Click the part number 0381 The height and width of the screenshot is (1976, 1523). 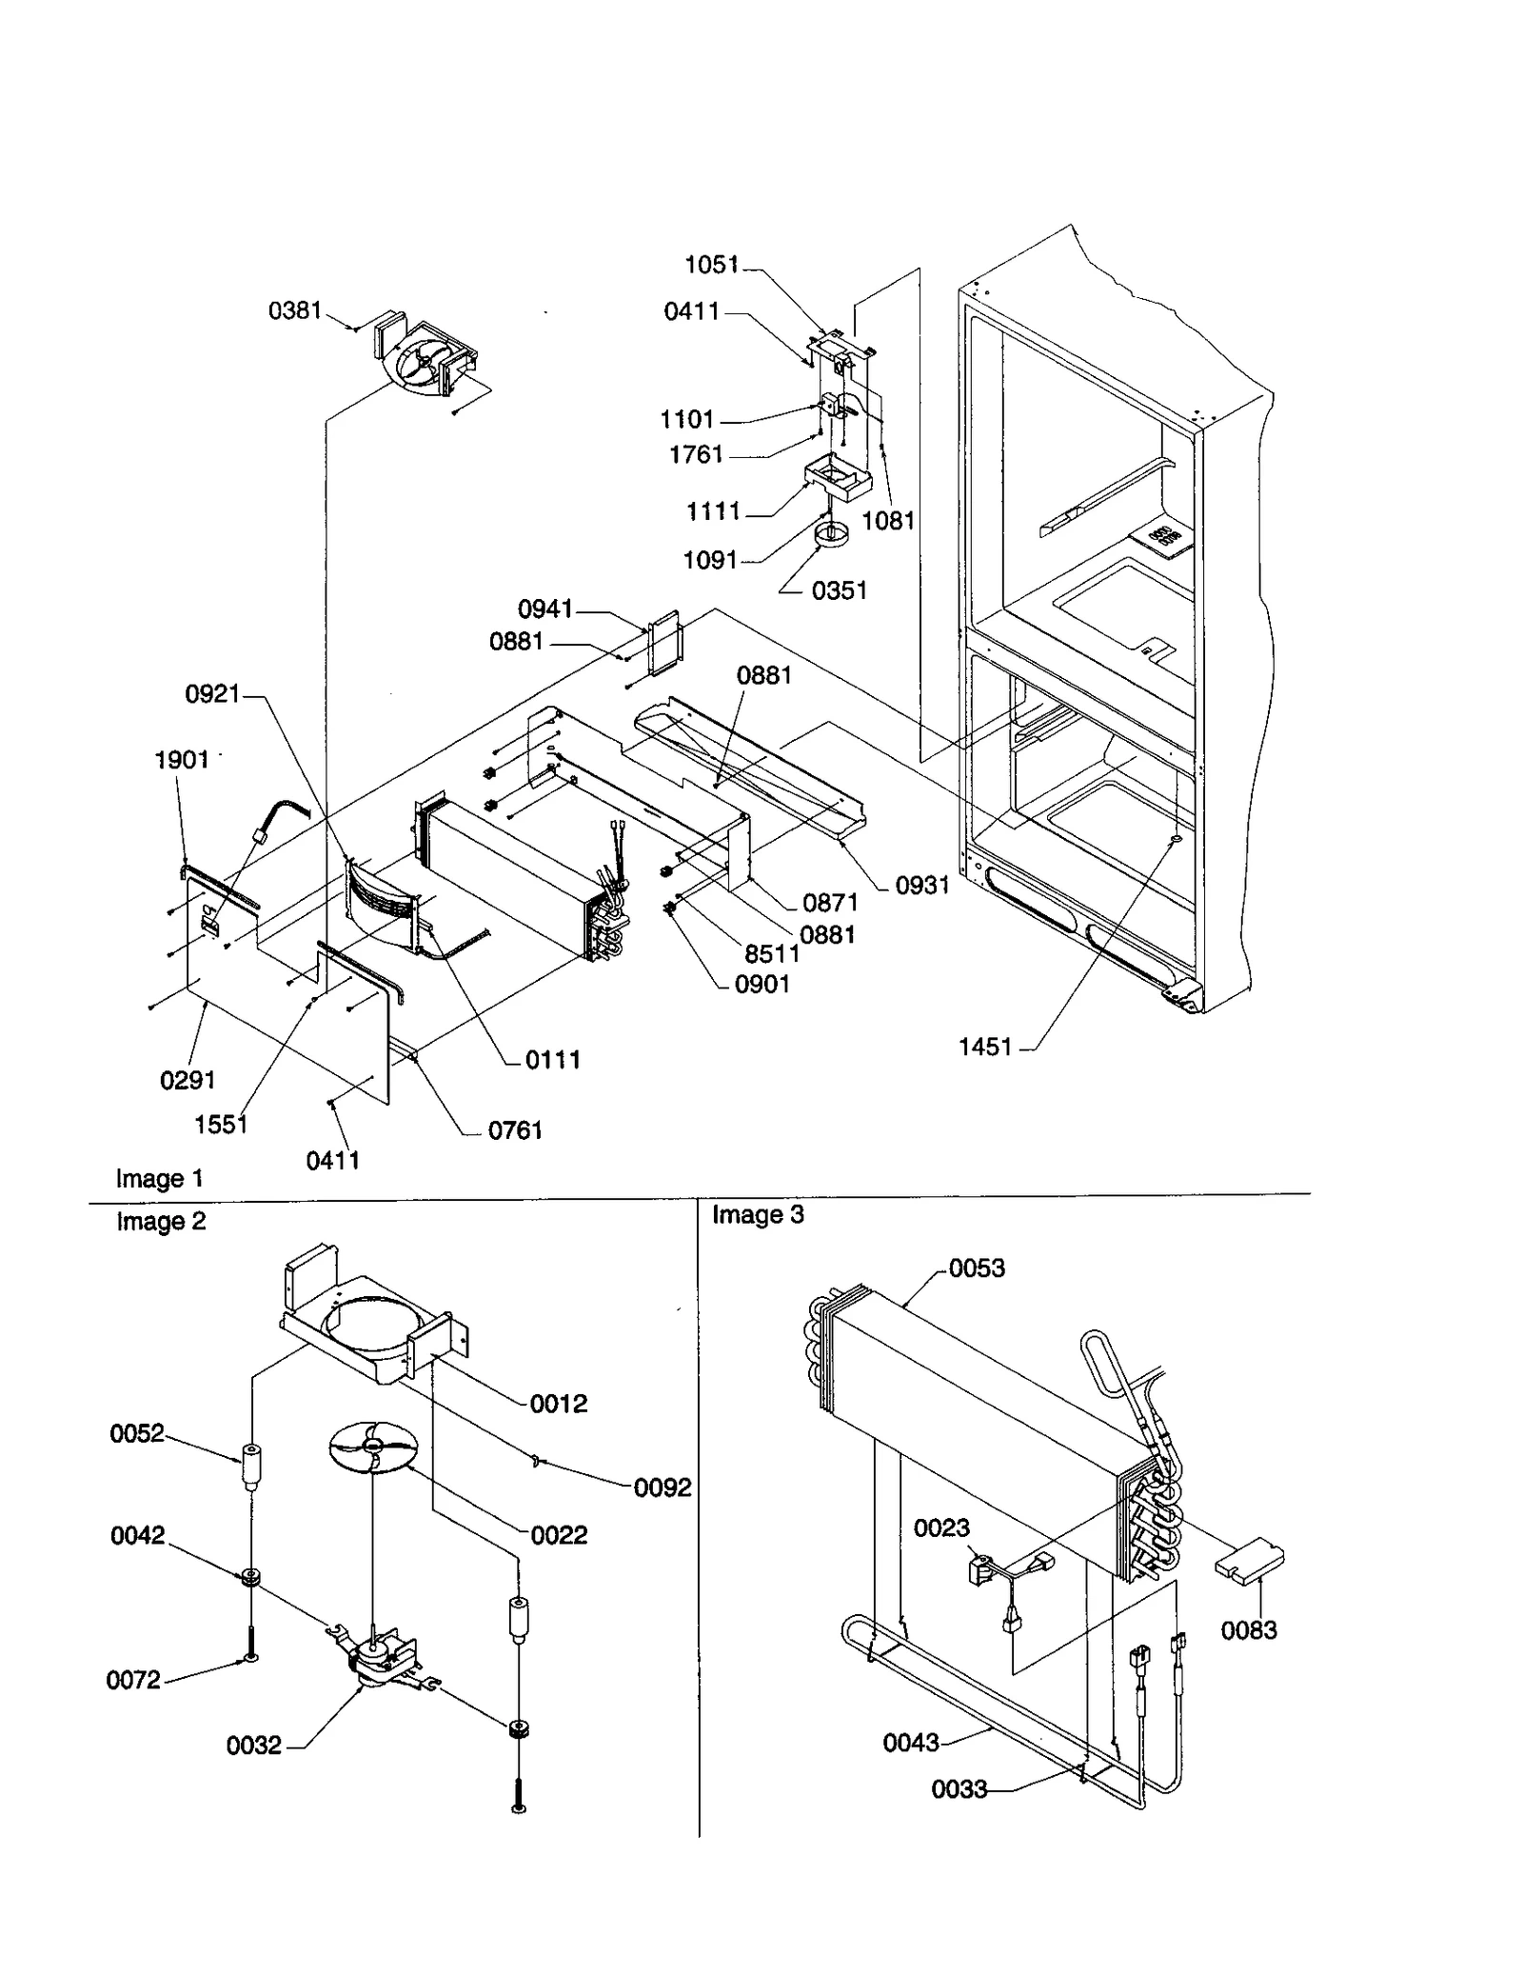(295, 310)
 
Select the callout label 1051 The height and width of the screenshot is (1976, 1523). (711, 265)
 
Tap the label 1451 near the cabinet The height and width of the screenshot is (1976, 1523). (985, 1047)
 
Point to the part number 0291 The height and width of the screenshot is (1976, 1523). (188, 1080)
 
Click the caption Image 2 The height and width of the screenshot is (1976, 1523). (161, 1221)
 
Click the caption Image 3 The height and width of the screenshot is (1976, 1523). (758, 1214)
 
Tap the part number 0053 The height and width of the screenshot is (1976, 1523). (977, 1267)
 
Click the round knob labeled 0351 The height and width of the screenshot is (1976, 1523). (831, 535)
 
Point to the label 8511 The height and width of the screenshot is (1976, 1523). (772, 953)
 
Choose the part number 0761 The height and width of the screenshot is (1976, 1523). (515, 1130)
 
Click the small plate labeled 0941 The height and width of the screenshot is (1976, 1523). (663, 643)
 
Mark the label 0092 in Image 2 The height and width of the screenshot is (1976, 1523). (663, 1487)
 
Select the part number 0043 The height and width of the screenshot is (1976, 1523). (911, 1743)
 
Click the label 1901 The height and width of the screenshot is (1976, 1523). (182, 759)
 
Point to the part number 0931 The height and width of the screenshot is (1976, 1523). (922, 886)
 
